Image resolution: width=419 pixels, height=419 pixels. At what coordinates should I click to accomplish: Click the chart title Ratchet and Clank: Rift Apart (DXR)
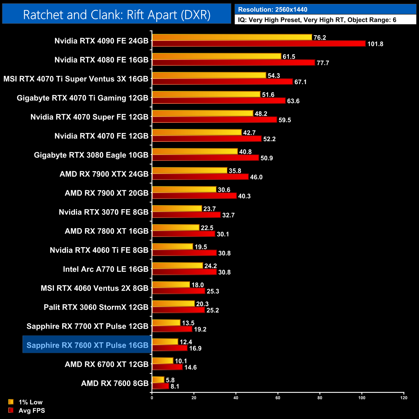point(117,15)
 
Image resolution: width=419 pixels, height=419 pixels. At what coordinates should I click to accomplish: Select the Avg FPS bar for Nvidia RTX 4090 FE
point(259,44)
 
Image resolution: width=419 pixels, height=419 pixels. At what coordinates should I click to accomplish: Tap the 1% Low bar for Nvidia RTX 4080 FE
point(217,56)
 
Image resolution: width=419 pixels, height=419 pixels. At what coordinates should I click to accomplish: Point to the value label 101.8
point(375,44)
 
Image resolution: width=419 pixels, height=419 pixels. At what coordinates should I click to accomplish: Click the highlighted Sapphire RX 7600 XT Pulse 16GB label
point(87,345)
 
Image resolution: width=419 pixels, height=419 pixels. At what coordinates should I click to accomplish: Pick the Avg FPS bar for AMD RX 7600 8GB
point(161,386)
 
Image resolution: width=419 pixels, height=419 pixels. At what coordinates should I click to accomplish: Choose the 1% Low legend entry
point(30,402)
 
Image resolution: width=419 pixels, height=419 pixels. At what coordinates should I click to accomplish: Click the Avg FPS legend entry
point(32,410)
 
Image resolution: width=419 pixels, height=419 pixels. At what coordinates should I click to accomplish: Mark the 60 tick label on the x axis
point(278,398)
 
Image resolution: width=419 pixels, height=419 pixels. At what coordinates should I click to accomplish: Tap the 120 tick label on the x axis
point(404,398)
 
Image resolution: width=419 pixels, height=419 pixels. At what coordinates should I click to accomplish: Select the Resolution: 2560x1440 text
point(273,10)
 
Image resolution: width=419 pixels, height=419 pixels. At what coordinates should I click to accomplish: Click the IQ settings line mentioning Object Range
point(317,20)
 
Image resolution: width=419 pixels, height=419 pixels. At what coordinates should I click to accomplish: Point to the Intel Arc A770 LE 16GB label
point(106,269)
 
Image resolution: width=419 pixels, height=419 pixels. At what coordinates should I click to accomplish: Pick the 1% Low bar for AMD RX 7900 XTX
point(190,171)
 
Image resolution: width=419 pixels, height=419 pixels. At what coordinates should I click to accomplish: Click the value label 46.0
point(256,177)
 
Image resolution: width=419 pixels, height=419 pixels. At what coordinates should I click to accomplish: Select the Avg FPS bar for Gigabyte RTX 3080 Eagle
point(205,158)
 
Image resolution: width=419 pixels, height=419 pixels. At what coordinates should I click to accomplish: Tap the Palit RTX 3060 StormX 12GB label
point(96,307)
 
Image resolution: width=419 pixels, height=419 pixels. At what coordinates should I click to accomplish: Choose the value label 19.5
point(201,247)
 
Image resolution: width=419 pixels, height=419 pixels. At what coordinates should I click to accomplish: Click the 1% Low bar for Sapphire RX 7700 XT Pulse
point(166,323)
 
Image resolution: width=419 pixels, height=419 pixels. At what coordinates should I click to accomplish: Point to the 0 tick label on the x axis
point(152,398)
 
